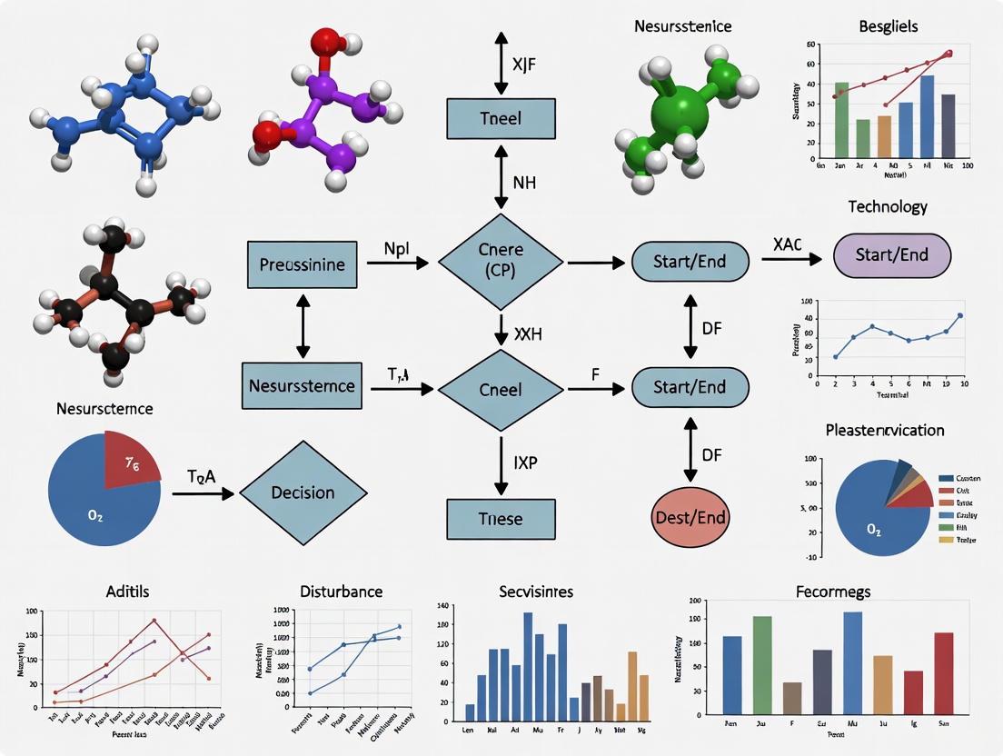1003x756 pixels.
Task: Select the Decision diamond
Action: pyautogui.click(x=303, y=492)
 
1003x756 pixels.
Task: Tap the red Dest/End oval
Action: pyautogui.click(x=690, y=517)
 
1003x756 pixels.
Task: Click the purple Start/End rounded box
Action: pyautogui.click(x=891, y=255)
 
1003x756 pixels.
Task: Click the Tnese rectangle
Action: pyautogui.click(x=500, y=519)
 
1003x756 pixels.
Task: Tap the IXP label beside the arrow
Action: pyautogui.click(x=526, y=462)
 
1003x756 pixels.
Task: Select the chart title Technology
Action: pyautogui.click(x=887, y=206)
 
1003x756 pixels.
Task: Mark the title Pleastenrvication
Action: pyautogui.click(x=884, y=430)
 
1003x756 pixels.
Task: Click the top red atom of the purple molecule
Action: pyautogui.click(x=324, y=43)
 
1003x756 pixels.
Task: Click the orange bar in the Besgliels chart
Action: pyautogui.click(x=884, y=136)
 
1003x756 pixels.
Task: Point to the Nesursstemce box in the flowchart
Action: pyautogui.click(x=302, y=385)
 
